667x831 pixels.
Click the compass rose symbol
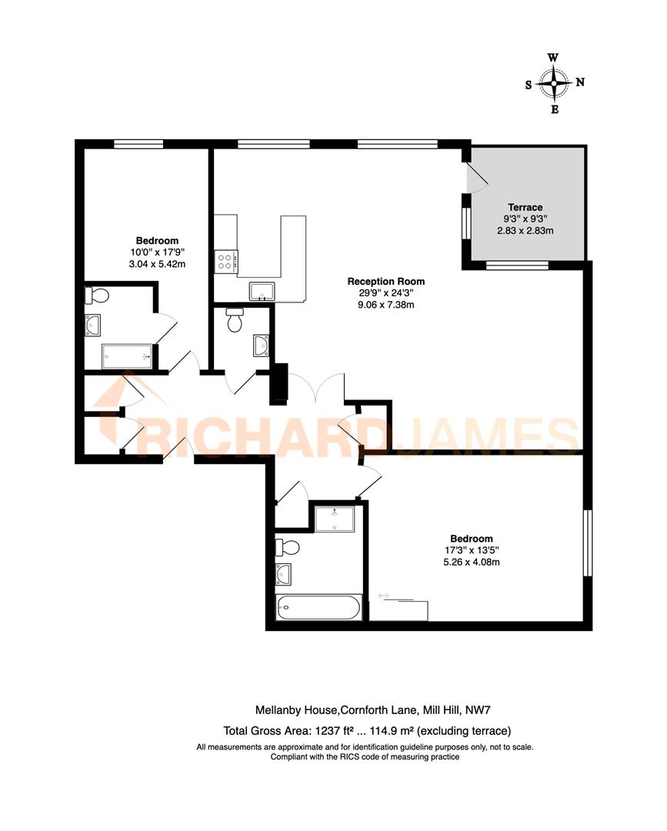point(554,83)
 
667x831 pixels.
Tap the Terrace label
point(525,207)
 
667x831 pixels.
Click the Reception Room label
point(385,282)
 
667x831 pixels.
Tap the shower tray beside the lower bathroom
point(335,519)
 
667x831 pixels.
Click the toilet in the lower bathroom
point(290,549)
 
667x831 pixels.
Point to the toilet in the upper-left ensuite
point(97,295)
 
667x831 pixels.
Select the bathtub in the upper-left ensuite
point(127,356)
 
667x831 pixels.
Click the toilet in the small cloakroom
point(235,319)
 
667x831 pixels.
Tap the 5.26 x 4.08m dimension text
point(472,562)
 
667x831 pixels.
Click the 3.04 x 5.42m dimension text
point(158,264)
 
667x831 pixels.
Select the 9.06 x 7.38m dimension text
point(385,305)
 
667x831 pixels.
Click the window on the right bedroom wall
point(588,542)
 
